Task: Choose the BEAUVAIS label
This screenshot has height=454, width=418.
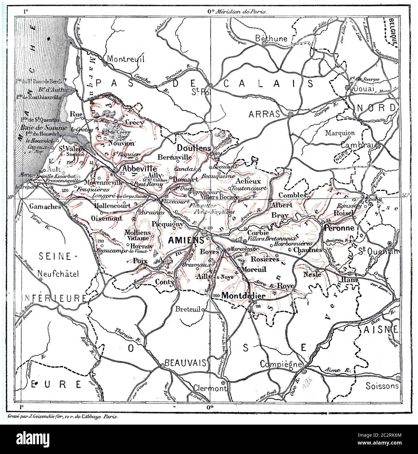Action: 185,363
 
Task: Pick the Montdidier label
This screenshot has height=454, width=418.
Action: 241,295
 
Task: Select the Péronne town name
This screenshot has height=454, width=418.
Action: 338,228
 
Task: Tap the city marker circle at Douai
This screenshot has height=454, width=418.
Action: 348,88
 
